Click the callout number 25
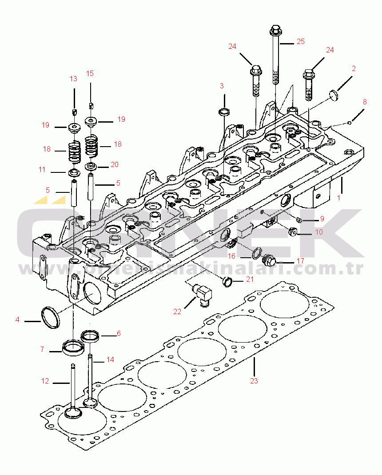point(301,42)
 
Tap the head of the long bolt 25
point(274,31)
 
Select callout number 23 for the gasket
point(254,381)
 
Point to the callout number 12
point(45,381)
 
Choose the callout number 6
point(119,333)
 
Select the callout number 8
point(365,102)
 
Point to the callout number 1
point(338,198)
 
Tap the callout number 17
point(300,261)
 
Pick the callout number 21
point(250,279)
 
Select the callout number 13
point(73,79)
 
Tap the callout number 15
point(90,73)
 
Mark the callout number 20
point(114,164)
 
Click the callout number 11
point(42,169)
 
